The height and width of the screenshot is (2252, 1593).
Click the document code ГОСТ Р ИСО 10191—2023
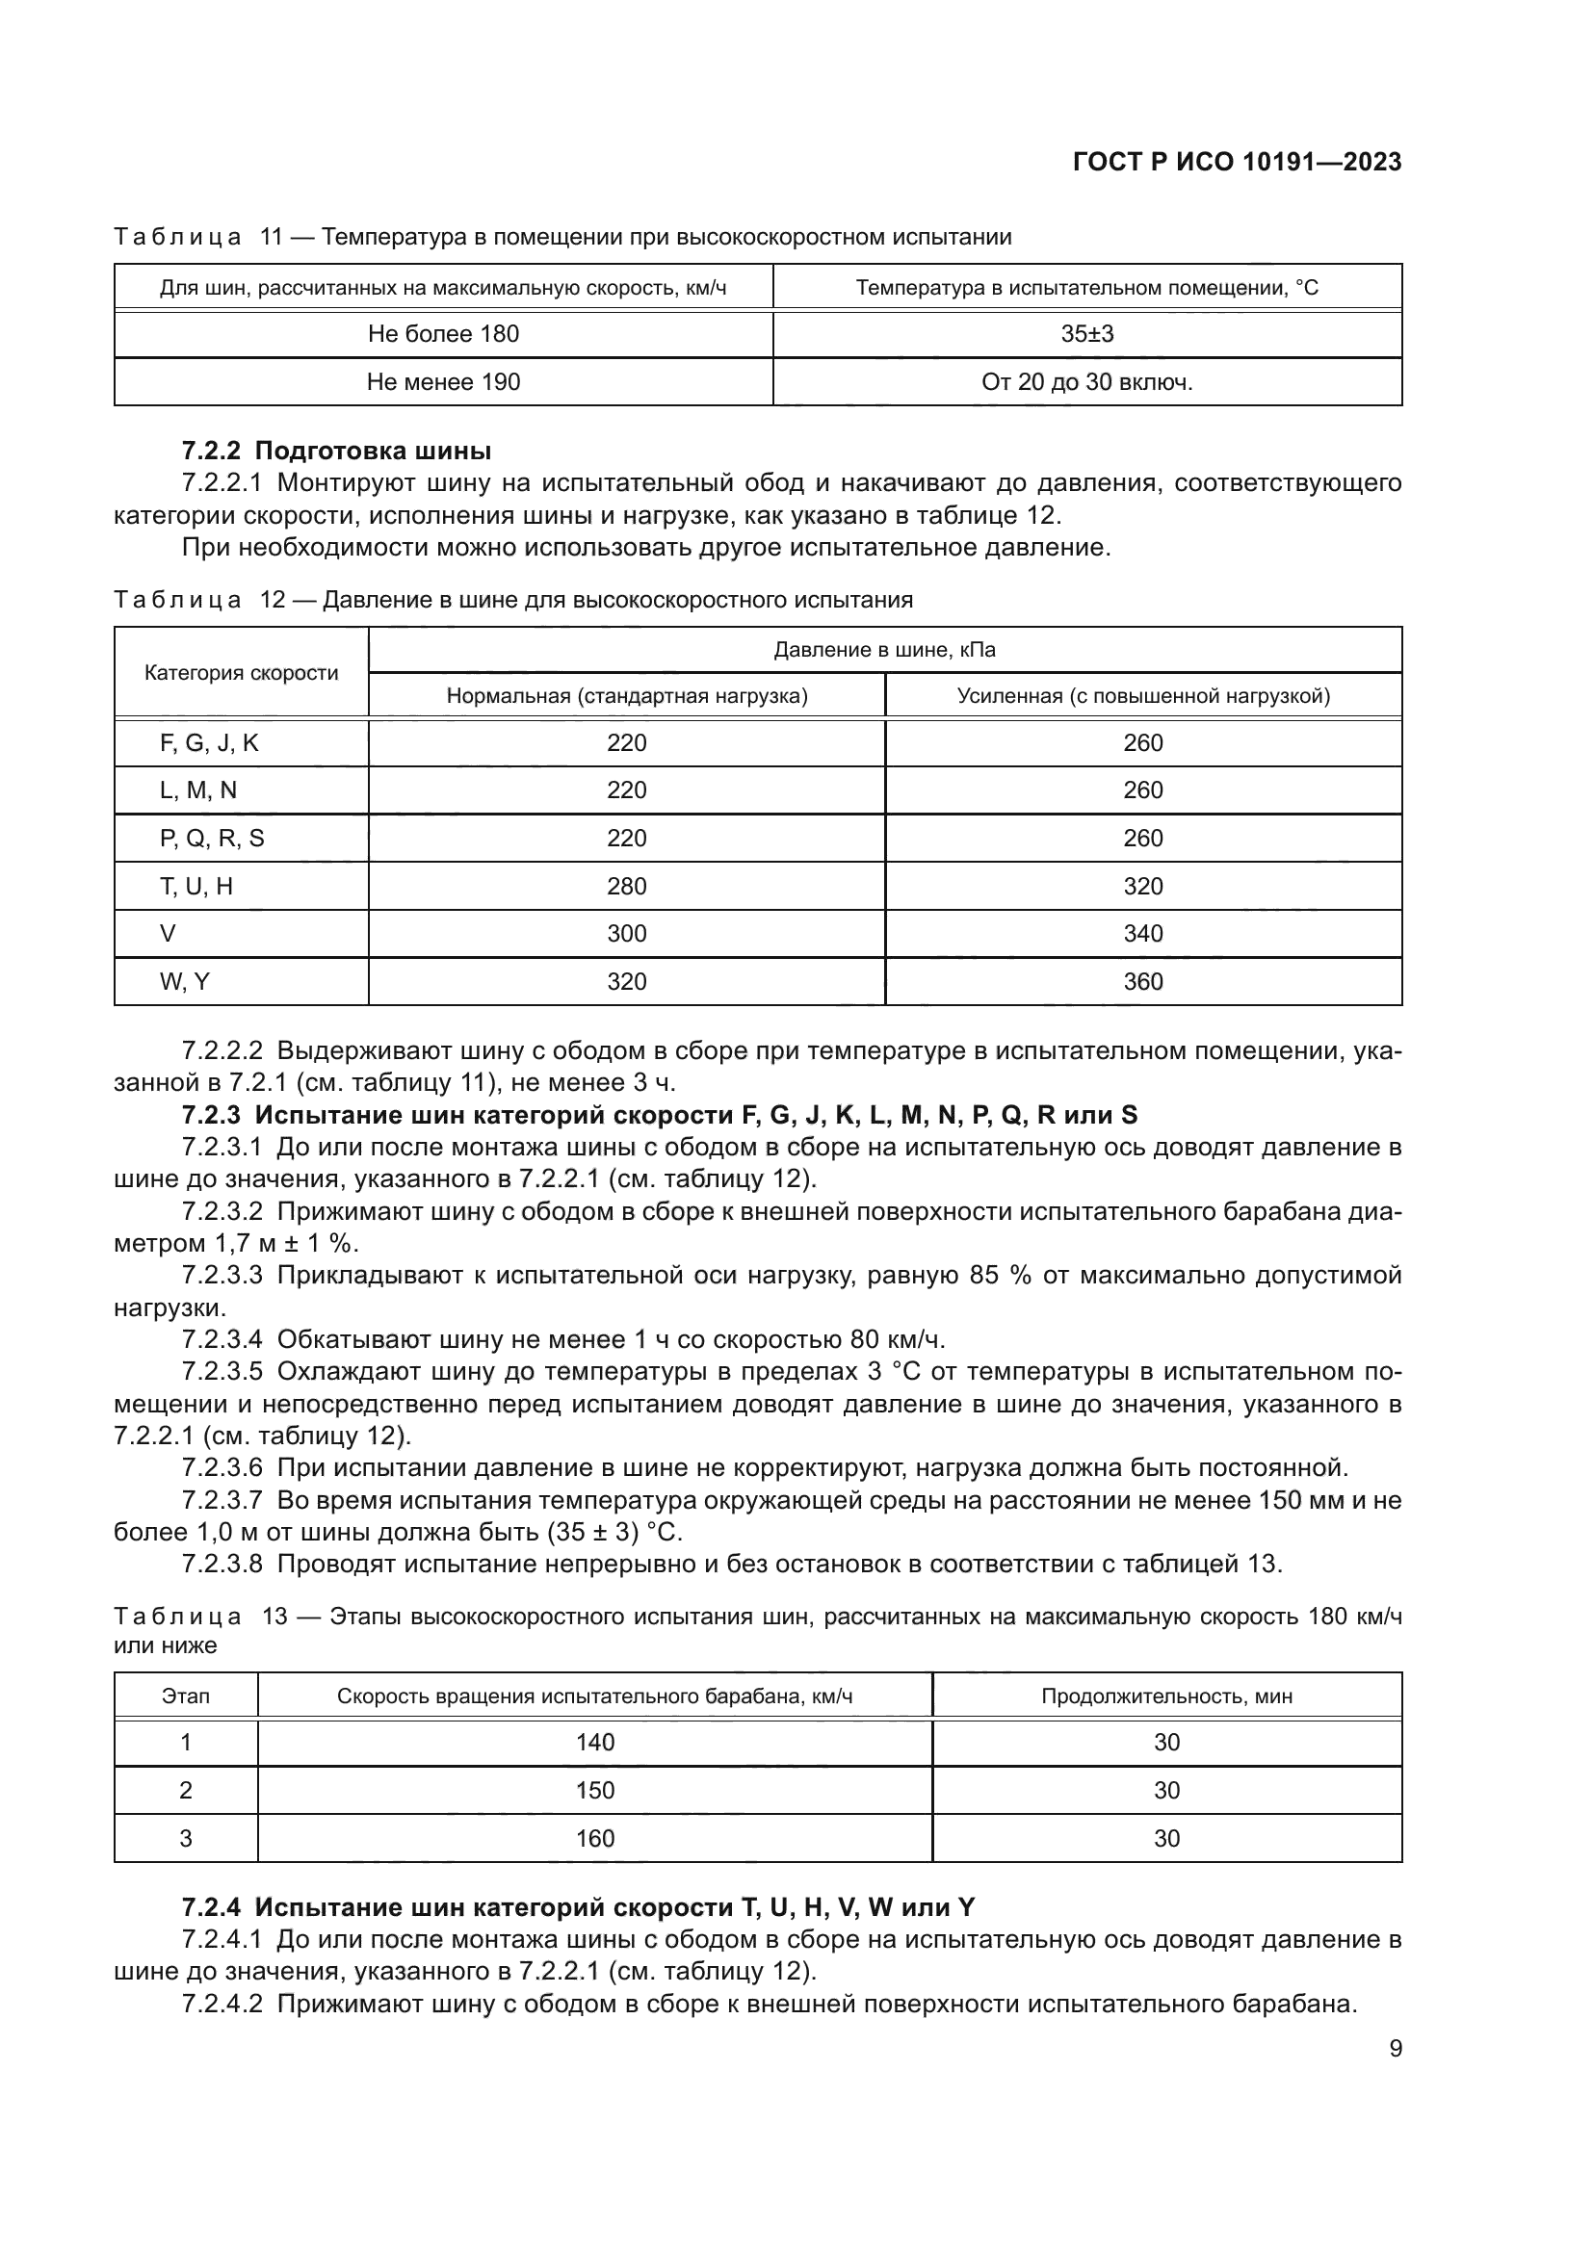[1237, 163]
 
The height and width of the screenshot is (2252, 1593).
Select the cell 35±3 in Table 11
[1086, 334]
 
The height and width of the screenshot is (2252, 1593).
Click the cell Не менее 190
[443, 382]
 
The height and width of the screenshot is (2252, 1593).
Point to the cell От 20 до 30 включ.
[1086, 382]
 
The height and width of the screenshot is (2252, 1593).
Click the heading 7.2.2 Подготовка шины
[336, 452]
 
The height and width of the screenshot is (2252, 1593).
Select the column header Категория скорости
[242, 673]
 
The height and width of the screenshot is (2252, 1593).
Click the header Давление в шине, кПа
[885, 650]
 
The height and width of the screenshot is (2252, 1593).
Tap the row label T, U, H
[196, 887]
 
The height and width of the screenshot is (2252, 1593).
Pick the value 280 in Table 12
[627, 887]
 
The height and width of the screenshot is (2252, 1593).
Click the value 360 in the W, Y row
[1143, 982]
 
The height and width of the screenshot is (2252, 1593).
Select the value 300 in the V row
[627, 934]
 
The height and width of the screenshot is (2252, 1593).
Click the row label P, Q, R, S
[212, 839]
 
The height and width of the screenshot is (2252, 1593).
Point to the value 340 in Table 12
[1143, 934]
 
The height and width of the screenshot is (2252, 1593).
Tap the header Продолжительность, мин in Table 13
[1166, 1696]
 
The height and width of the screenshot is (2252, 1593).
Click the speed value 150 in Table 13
[594, 1791]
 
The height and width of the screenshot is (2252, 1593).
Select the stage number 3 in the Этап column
[185, 1839]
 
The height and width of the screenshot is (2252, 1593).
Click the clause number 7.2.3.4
[222, 1340]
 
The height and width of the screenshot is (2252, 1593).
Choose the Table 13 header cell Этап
[185, 1696]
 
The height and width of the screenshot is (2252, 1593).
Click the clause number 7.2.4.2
[222, 2004]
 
